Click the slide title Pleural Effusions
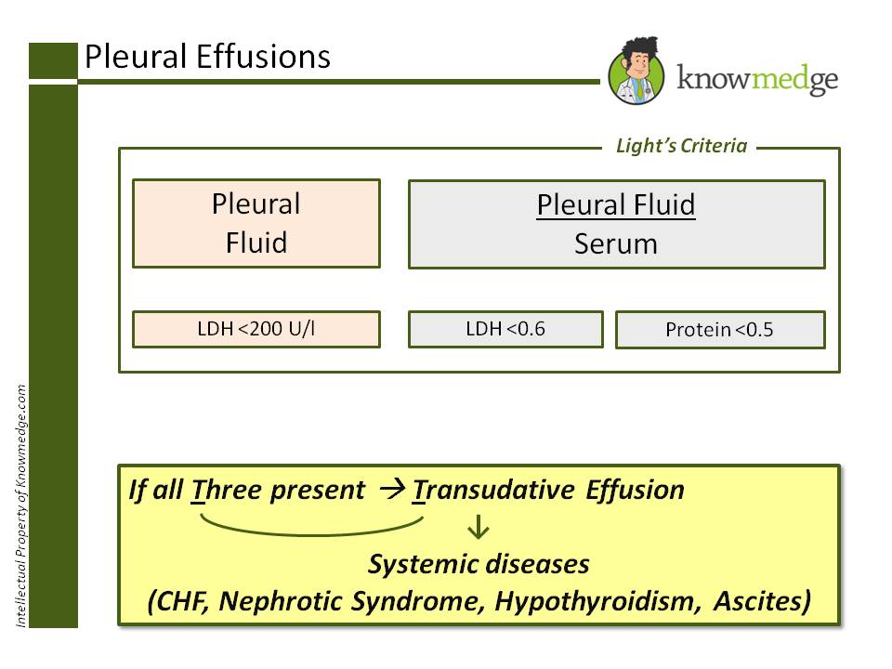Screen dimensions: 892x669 (207, 57)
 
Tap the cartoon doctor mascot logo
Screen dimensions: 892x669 (636, 72)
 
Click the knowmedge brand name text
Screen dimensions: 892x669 (757, 78)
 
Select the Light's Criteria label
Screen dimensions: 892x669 (681, 146)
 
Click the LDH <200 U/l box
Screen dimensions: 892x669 (256, 329)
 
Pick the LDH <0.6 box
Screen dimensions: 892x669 (505, 329)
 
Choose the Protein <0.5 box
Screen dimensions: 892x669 (720, 329)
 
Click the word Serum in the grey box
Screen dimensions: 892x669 (616, 244)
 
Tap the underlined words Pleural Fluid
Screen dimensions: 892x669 (616, 204)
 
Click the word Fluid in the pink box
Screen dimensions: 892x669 (256, 243)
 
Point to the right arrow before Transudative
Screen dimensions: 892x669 (392, 489)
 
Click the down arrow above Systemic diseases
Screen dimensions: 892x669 (478, 527)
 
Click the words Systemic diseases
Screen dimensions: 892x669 (479, 564)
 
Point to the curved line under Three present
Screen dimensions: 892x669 (312, 534)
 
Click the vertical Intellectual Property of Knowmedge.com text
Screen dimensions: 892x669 (21, 505)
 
